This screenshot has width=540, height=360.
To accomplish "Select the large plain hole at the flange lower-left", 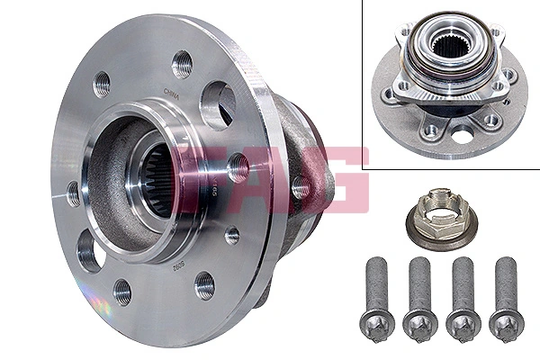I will point(90,249).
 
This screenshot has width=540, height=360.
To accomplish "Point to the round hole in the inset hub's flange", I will point(463,136).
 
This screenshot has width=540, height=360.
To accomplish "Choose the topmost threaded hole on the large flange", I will point(183,64).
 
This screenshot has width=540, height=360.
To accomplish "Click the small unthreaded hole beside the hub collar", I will point(232,236).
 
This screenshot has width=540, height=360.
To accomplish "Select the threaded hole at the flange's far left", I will point(73,193).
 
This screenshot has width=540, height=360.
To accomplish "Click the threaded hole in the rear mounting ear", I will point(301,188).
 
